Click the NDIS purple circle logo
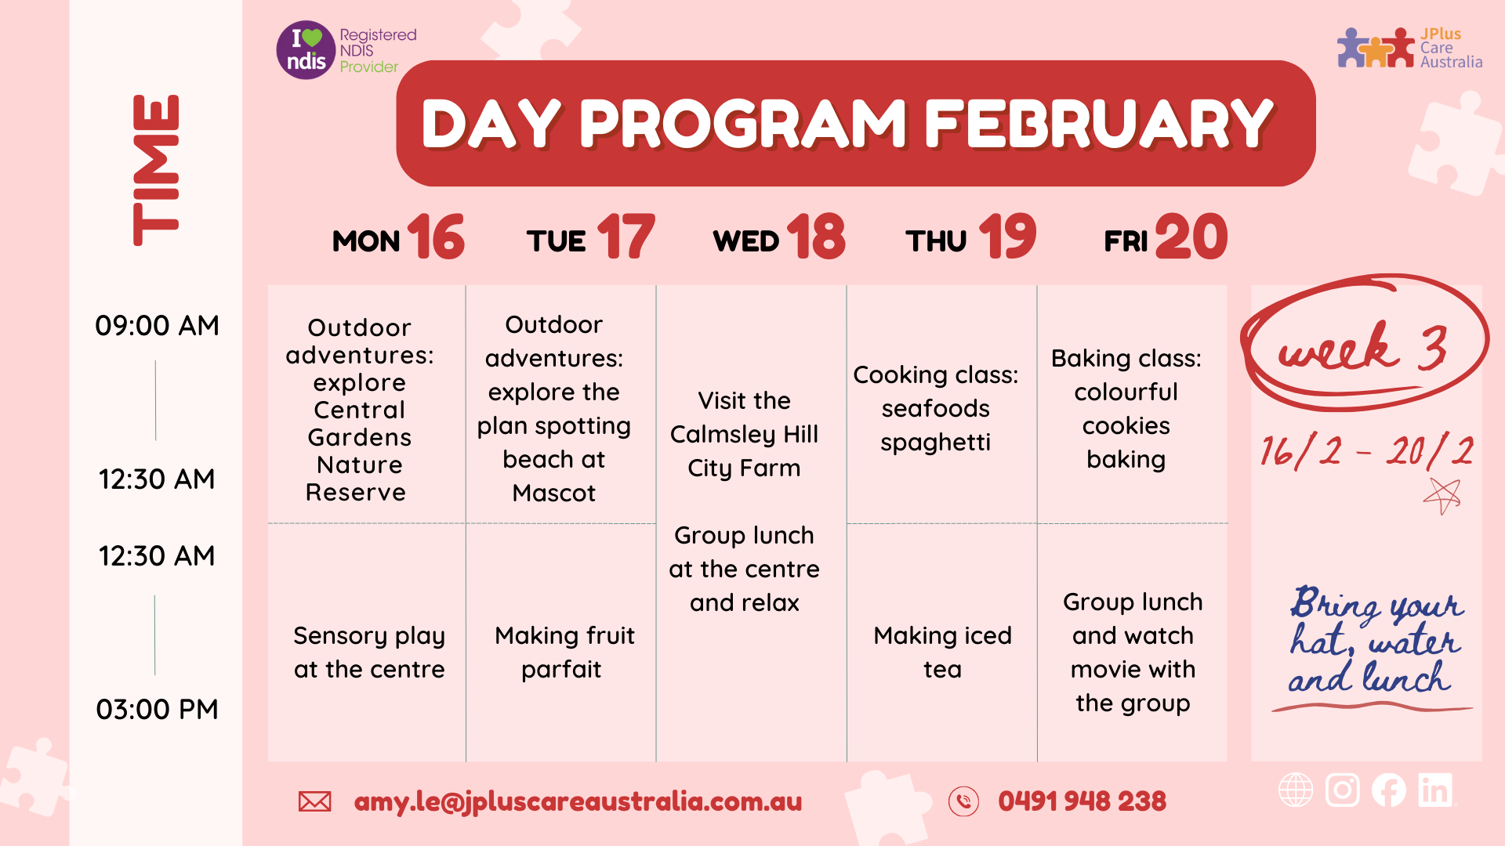pyautogui.click(x=306, y=50)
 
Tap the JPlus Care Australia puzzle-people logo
pyautogui.click(x=1376, y=48)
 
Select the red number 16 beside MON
pyautogui.click(x=436, y=237)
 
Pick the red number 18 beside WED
pyautogui.click(x=816, y=237)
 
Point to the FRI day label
pyautogui.click(x=1126, y=241)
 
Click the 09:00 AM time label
pyautogui.click(x=157, y=326)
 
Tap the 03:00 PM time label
pyautogui.click(x=157, y=710)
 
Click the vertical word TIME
pyautogui.click(x=156, y=170)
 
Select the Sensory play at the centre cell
pyautogui.click(x=369, y=653)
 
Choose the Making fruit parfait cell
pyautogui.click(x=564, y=653)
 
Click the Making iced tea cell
pyautogui.click(x=942, y=653)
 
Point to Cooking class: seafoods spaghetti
pyautogui.click(x=936, y=409)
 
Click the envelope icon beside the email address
pyautogui.click(x=314, y=801)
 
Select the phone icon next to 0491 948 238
pyautogui.click(x=963, y=801)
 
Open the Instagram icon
pyautogui.click(x=1342, y=790)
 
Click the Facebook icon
pyautogui.click(x=1388, y=790)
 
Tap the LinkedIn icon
pyautogui.click(x=1435, y=790)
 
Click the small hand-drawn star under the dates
pyautogui.click(x=1442, y=495)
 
